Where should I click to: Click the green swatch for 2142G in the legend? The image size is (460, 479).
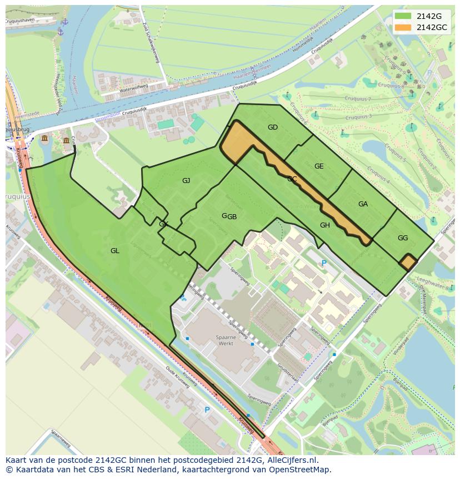(x=403, y=16)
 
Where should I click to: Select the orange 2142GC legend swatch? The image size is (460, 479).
(x=403, y=27)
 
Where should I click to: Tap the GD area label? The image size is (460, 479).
(x=272, y=127)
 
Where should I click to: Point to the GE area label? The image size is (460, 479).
(x=319, y=166)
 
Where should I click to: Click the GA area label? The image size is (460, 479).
(x=363, y=204)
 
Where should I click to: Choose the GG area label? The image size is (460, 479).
(x=403, y=238)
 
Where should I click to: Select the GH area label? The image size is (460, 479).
(x=325, y=225)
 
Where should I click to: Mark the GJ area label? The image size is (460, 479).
(x=186, y=180)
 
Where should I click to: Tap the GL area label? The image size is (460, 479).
(x=114, y=251)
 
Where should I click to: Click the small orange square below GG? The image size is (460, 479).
(x=408, y=262)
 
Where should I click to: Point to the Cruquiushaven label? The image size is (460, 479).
(x=19, y=21)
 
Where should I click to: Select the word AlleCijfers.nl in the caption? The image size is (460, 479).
(x=298, y=460)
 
